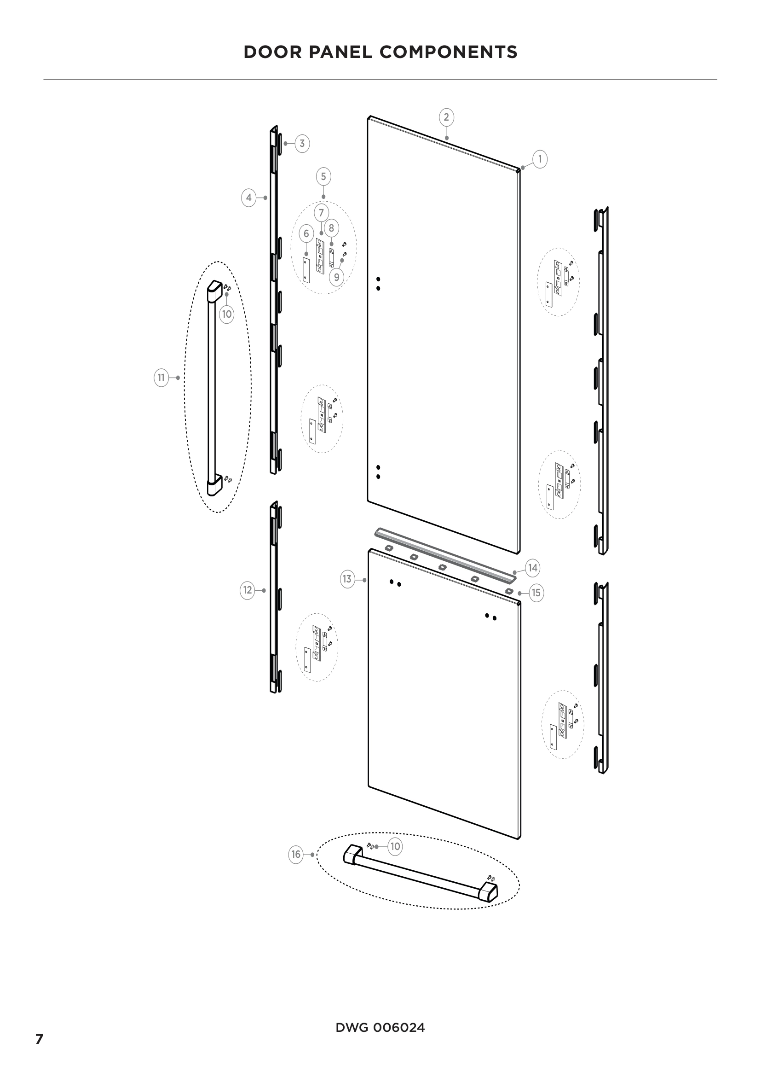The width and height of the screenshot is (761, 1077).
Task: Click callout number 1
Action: [540, 159]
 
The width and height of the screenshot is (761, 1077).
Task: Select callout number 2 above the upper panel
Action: [446, 117]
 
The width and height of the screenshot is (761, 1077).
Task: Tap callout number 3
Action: [302, 144]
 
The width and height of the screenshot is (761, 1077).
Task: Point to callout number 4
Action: [249, 198]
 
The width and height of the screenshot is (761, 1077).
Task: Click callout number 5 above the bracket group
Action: [323, 177]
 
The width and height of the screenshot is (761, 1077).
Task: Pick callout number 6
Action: [306, 233]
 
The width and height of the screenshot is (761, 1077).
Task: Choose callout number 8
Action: [331, 228]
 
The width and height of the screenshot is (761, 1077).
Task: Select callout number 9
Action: [336, 277]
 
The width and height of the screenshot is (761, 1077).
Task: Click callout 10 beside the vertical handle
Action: [227, 314]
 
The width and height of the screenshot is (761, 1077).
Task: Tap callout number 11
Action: [161, 378]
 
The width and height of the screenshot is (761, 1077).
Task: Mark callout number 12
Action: [248, 590]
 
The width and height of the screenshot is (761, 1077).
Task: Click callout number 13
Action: [347, 579]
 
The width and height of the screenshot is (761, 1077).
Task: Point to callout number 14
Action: [533, 568]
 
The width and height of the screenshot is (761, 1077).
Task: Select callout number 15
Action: [536, 593]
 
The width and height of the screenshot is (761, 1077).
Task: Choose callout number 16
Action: [296, 855]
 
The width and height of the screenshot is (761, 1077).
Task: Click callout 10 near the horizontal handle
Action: [396, 846]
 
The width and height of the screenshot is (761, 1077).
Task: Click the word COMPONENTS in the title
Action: [449, 52]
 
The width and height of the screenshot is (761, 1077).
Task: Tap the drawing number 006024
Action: [399, 1028]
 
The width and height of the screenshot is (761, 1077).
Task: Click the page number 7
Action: [40, 1040]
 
